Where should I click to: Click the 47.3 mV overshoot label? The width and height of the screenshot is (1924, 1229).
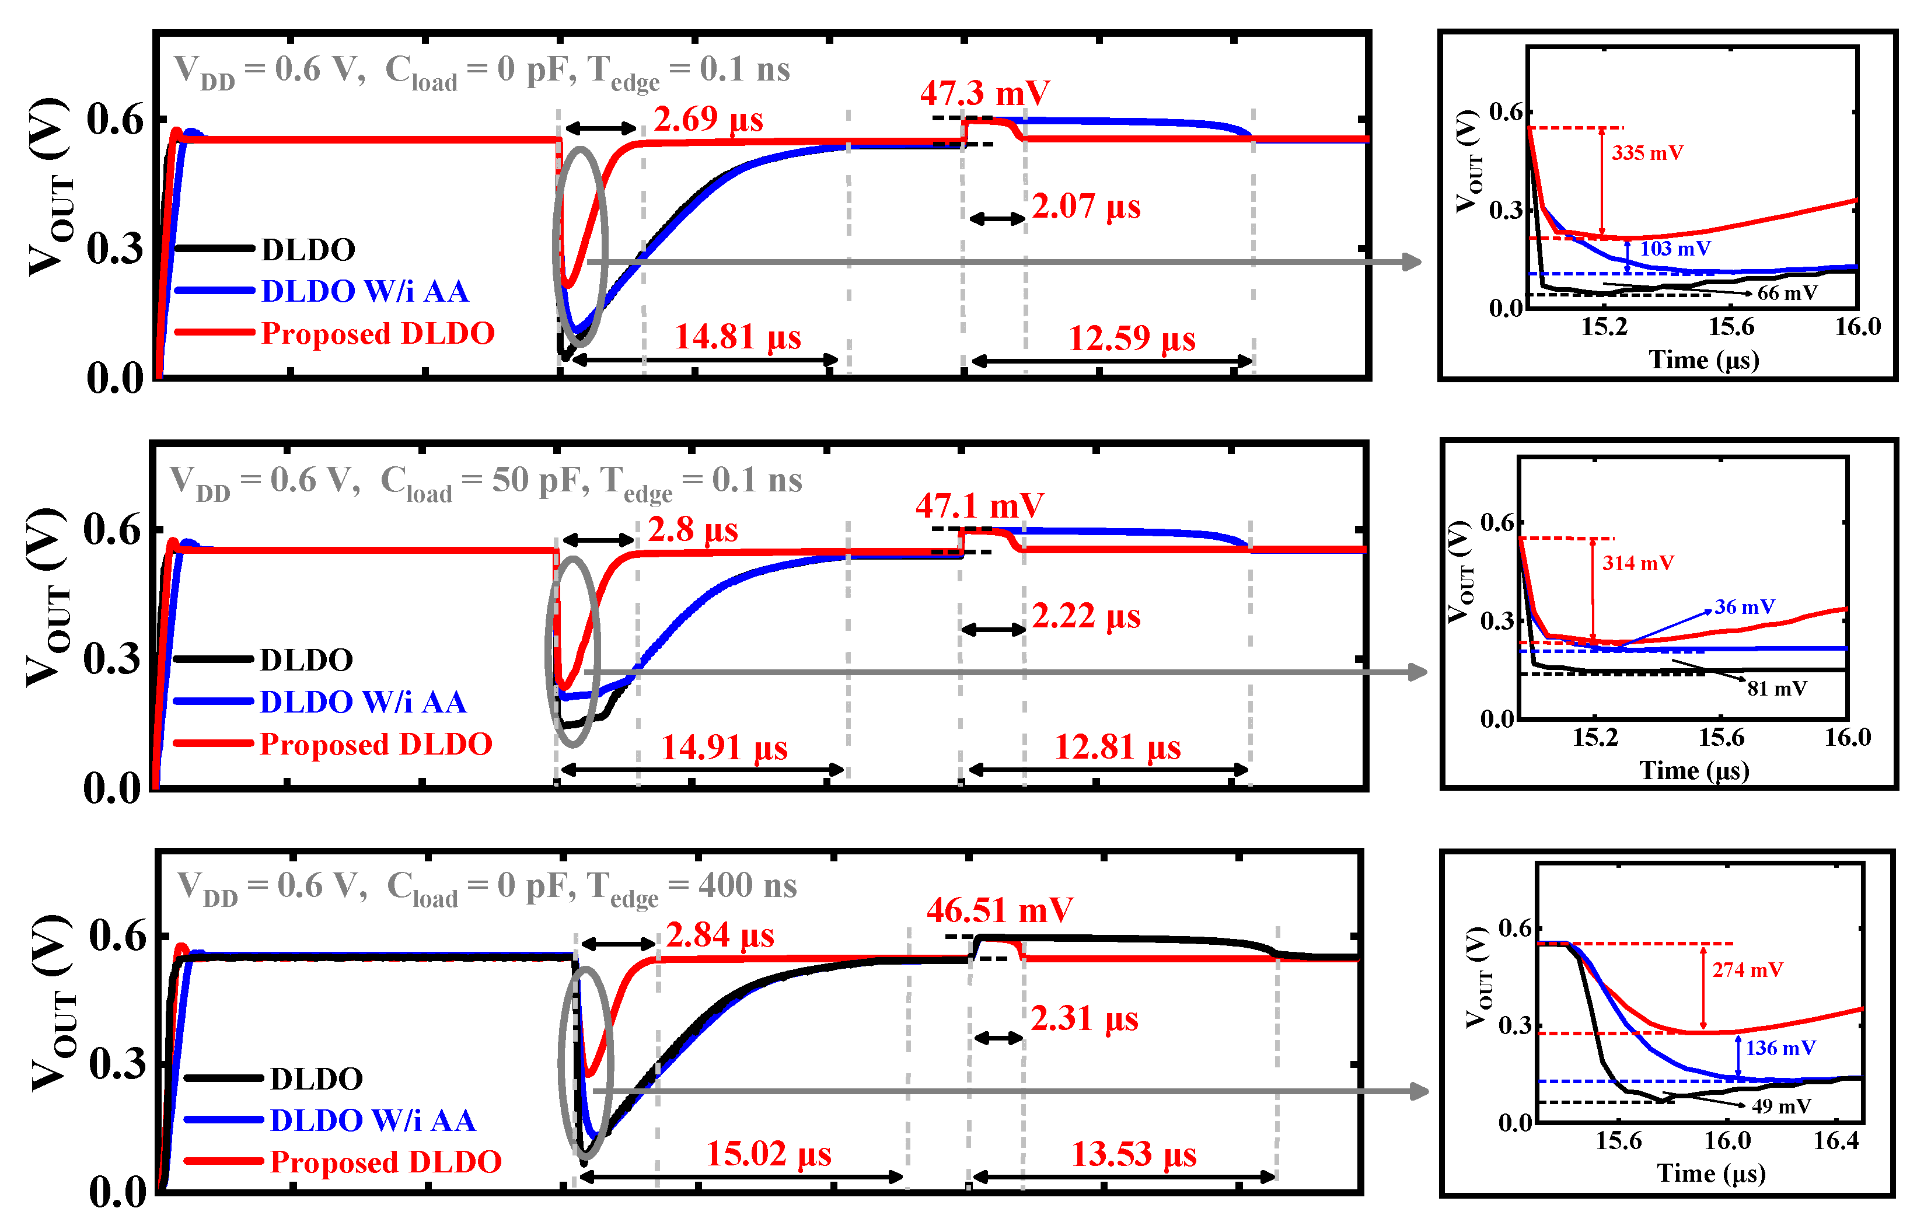pyautogui.click(x=984, y=93)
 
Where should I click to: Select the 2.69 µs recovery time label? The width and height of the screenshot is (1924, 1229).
pyautogui.click(x=708, y=120)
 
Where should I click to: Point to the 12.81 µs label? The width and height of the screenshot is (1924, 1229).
pyautogui.click(x=1117, y=748)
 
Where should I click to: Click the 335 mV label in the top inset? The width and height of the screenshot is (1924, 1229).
pyautogui.click(x=1647, y=153)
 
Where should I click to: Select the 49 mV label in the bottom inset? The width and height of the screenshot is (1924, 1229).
pyautogui.click(x=1781, y=1106)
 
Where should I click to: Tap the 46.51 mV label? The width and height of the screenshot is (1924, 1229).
pyautogui.click(x=1000, y=910)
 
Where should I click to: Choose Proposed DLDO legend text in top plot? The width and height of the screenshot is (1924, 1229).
pyautogui.click(x=378, y=333)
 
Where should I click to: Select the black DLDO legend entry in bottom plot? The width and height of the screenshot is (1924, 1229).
pyautogui.click(x=316, y=1079)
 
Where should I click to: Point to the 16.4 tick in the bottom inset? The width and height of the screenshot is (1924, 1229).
pyautogui.click(x=1836, y=1140)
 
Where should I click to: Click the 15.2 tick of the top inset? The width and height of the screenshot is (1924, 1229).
pyautogui.click(x=1604, y=327)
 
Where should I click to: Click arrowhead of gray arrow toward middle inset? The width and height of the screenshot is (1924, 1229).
pyautogui.click(x=1418, y=672)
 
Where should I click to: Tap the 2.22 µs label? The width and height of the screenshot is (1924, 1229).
pyautogui.click(x=1086, y=616)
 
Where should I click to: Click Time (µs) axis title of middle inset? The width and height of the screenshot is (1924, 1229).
pyautogui.click(x=1694, y=770)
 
